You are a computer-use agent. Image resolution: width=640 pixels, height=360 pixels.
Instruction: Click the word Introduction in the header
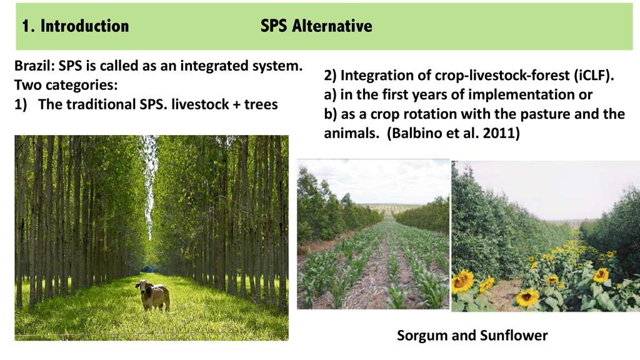coord(84,26)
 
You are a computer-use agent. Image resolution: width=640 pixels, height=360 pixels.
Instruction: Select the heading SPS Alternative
coord(316,26)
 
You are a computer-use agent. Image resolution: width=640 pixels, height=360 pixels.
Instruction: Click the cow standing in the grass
coord(152,295)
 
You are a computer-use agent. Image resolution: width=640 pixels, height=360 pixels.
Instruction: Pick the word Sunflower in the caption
coord(514,335)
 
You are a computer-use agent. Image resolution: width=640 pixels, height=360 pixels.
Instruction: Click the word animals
coord(351,133)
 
